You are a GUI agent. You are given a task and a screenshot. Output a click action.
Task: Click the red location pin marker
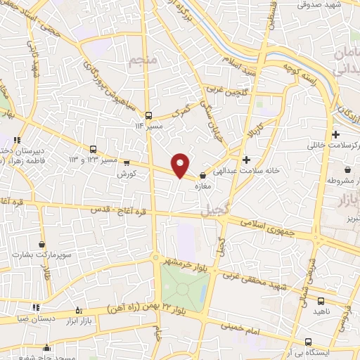[181, 165]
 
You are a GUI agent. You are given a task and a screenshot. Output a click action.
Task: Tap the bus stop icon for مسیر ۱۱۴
[148, 115]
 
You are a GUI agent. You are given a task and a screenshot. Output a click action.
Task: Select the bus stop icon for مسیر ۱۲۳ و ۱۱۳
[94, 149]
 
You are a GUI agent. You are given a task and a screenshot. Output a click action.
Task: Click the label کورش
[127, 172]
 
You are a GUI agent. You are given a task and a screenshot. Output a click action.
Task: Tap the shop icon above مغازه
[203, 176]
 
